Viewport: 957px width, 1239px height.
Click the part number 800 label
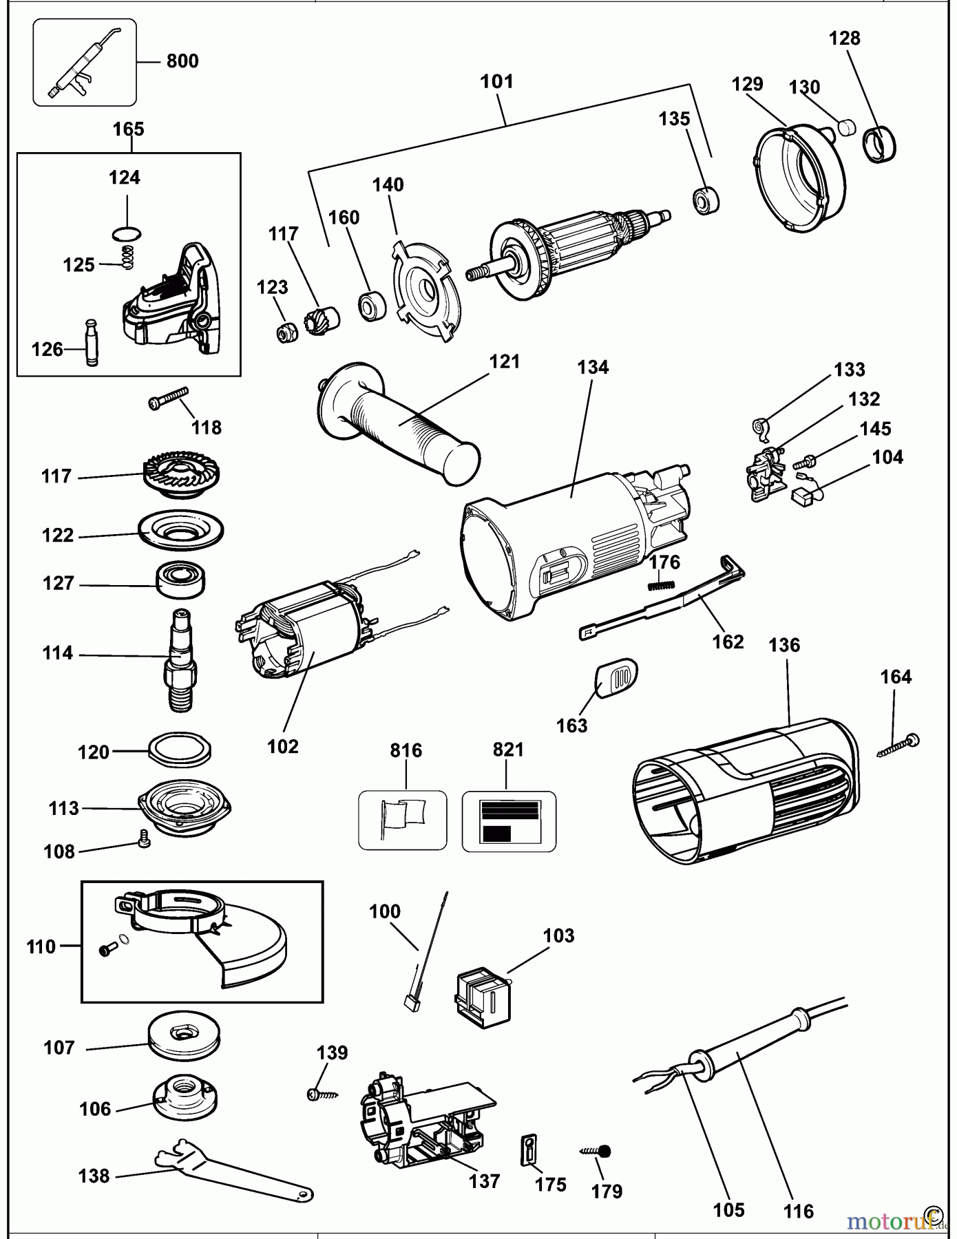pos(182,61)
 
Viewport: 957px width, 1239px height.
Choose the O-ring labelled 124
pos(127,234)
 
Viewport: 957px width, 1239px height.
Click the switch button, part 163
pos(615,677)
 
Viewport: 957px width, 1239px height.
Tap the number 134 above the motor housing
pos(593,367)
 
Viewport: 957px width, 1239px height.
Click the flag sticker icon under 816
pos(403,820)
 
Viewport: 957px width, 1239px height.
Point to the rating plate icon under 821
pos(509,821)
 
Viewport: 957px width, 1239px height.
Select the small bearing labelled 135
pos(706,200)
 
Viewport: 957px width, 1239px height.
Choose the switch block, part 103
pos(483,999)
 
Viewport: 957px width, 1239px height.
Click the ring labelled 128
pos(880,145)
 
